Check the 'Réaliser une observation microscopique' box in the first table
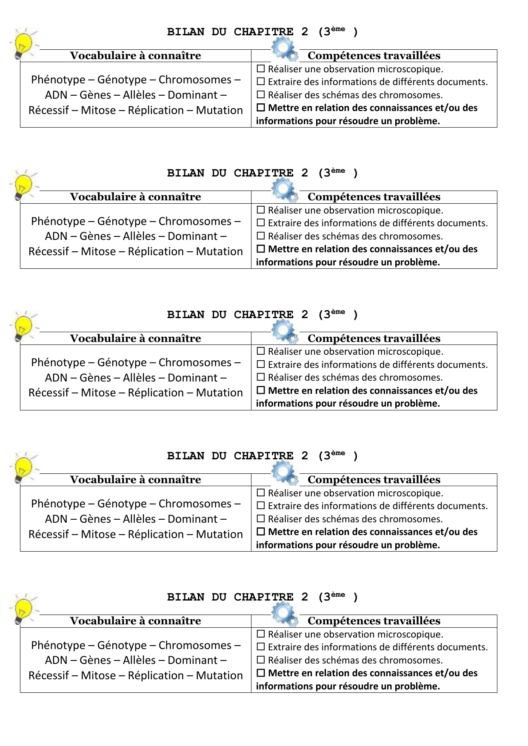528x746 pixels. [261, 68]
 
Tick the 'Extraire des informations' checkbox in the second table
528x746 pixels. [261, 223]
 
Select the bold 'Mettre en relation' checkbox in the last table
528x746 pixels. [261, 673]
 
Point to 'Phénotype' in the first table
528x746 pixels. [58, 80]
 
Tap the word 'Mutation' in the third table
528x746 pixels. [219, 393]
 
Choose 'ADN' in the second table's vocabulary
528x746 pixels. [56, 236]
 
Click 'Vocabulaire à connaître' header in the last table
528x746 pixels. [135, 621]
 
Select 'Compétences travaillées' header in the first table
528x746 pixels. [374, 56]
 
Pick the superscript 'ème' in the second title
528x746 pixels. [338, 171]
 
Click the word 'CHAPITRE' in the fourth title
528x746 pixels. [263, 456]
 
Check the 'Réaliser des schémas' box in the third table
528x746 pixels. [261, 377]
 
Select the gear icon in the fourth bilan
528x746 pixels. [284, 472]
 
